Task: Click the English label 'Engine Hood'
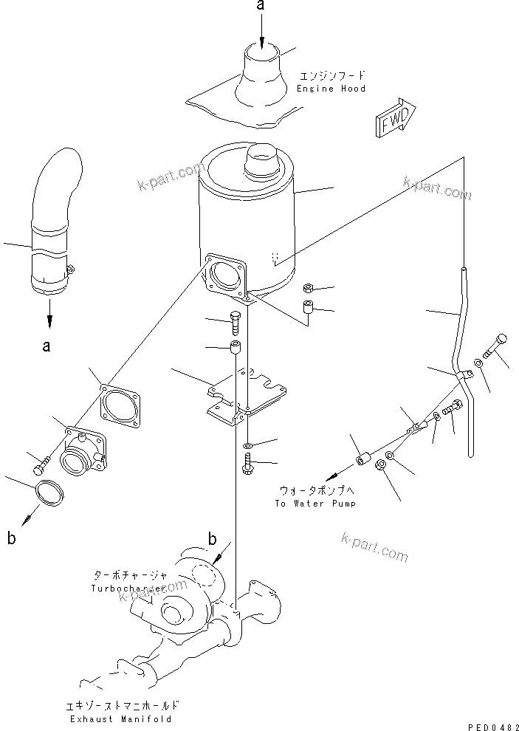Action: click(331, 89)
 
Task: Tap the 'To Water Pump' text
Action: click(316, 504)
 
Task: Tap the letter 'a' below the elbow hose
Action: click(47, 346)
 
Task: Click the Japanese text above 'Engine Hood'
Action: click(332, 76)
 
